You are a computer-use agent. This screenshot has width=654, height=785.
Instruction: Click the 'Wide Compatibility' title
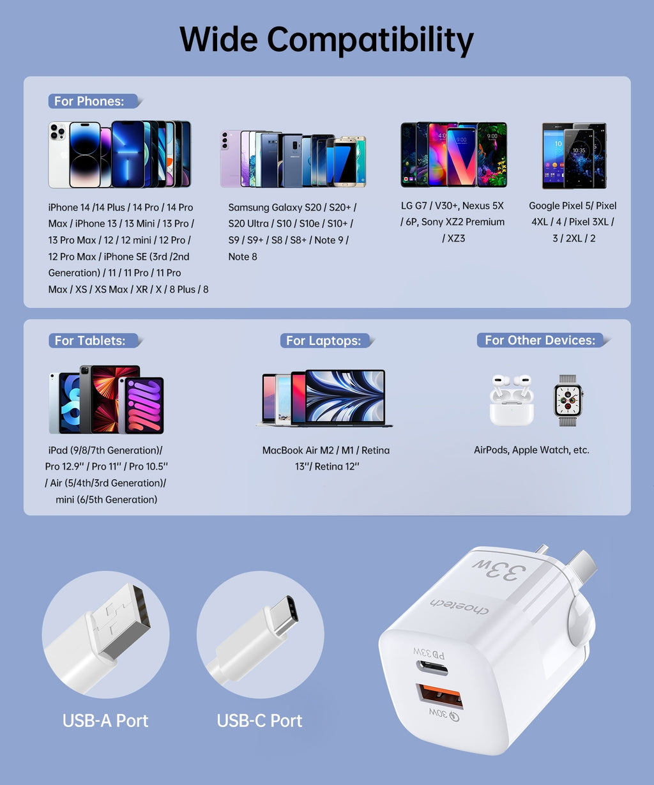(x=326, y=40)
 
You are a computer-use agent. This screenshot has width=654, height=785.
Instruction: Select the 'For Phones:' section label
(x=89, y=101)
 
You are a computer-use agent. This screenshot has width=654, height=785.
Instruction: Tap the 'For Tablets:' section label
(x=90, y=340)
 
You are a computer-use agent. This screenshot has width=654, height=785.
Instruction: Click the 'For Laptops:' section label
(x=323, y=340)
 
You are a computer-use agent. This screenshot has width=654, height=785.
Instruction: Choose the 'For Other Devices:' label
(x=540, y=340)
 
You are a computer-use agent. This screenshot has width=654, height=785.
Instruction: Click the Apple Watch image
(x=568, y=400)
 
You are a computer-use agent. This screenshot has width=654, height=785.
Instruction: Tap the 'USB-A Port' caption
(x=105, y=720)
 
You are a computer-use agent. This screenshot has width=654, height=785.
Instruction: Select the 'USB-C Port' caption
(x=259, y=720)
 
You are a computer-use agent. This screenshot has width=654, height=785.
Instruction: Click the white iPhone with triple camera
(x=59, y=155)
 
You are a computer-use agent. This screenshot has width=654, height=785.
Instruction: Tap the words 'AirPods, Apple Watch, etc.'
(x=531, y=450)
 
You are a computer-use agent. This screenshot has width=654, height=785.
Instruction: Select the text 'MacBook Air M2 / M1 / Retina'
(x=326, y=450)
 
